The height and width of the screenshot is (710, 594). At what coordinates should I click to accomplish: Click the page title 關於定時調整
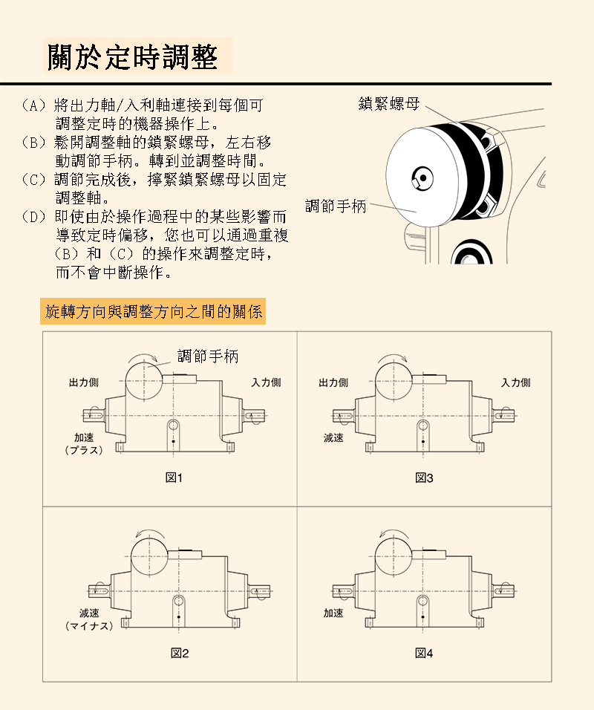(x=133, y=57)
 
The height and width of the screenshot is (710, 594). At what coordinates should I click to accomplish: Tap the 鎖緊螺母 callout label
(x=389, y=104)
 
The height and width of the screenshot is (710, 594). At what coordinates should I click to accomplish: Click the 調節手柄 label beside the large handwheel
(x=336, y=206)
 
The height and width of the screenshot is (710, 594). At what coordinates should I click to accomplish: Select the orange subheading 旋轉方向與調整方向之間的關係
(x=153, y=311)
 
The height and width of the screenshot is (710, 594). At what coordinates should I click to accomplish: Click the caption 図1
(x=174, y=478)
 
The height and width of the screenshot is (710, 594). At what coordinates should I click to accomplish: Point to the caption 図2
(x=179, y=653)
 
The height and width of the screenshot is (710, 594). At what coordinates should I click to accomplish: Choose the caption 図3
(x=424, y=478)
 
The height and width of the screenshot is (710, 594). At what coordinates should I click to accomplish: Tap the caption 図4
(x=424, y=653)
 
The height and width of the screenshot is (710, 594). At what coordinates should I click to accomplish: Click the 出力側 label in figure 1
(x=84, y=382)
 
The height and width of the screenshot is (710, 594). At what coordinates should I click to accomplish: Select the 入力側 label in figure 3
(x=516, y=382)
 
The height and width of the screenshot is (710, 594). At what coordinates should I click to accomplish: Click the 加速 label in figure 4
(x=333, y=613)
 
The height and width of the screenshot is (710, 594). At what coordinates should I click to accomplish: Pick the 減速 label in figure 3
(x=333, y=438)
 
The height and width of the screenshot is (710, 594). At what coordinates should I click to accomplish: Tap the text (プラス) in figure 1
(x=84, y=450)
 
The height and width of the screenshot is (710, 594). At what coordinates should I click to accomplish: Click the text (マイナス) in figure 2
(x=89, y=626)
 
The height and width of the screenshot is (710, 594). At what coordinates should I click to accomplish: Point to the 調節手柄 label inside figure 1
(x=208, y=356)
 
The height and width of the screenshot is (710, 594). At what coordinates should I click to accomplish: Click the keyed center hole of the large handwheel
(x=422, y=177)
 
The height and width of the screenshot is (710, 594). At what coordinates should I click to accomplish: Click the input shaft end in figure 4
(x=506, y=591)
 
